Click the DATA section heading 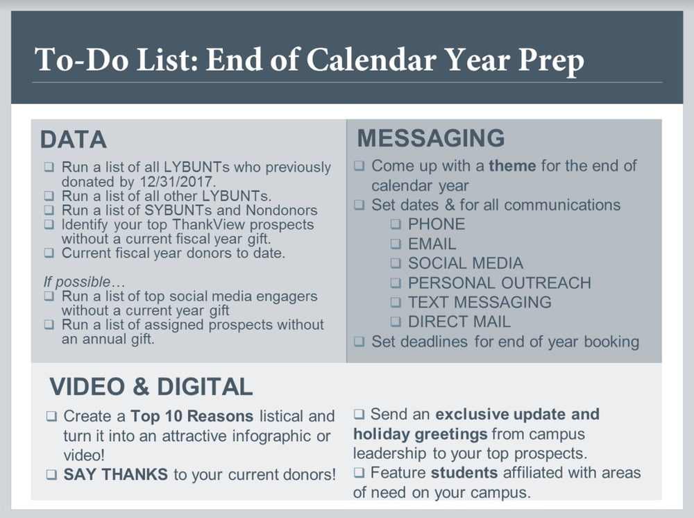[74, 140]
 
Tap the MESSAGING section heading [431, 137]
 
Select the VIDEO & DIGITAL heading [151, 387]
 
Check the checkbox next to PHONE [395, 224]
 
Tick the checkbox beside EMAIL [395, 244]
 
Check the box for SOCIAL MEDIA [395, 263]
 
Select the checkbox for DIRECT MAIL [395, 321]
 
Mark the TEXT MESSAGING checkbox [395, 302]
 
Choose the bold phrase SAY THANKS [115, 475]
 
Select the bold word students [464, 473]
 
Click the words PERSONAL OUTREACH [499, 283]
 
